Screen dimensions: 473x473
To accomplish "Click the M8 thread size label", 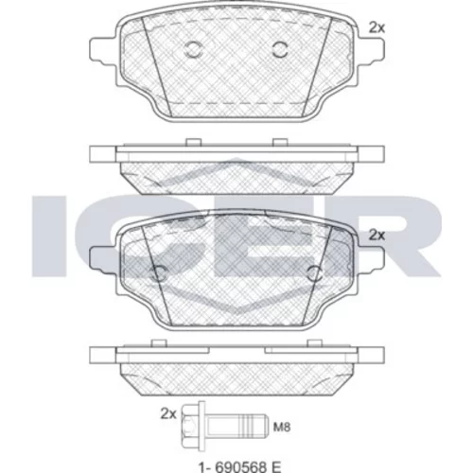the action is click(x=282, y=428).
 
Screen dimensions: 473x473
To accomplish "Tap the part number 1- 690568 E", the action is click(x=239, y=466).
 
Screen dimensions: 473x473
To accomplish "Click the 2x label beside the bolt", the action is click(x=168, y=413).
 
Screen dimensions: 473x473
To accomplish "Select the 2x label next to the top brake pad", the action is click(x=377, y=28).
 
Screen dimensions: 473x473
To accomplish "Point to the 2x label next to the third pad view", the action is click(x=377, y=235).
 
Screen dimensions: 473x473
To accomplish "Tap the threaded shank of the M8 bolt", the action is click(x=236, y=426).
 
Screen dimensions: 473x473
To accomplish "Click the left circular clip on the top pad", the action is click(x=192, y=49).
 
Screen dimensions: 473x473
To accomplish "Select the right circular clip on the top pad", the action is click(x=280, y=49).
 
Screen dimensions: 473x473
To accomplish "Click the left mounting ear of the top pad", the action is click(x=102, y=51).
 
